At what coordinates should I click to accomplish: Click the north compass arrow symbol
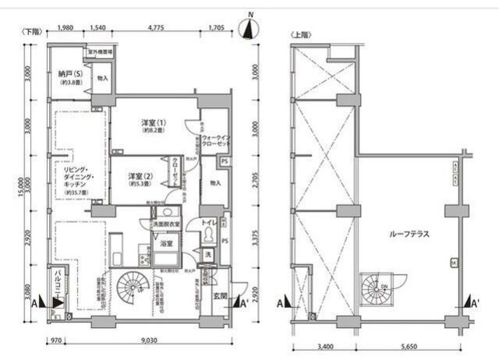250,29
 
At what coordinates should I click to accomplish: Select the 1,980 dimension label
65,28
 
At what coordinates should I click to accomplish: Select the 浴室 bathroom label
166,243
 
